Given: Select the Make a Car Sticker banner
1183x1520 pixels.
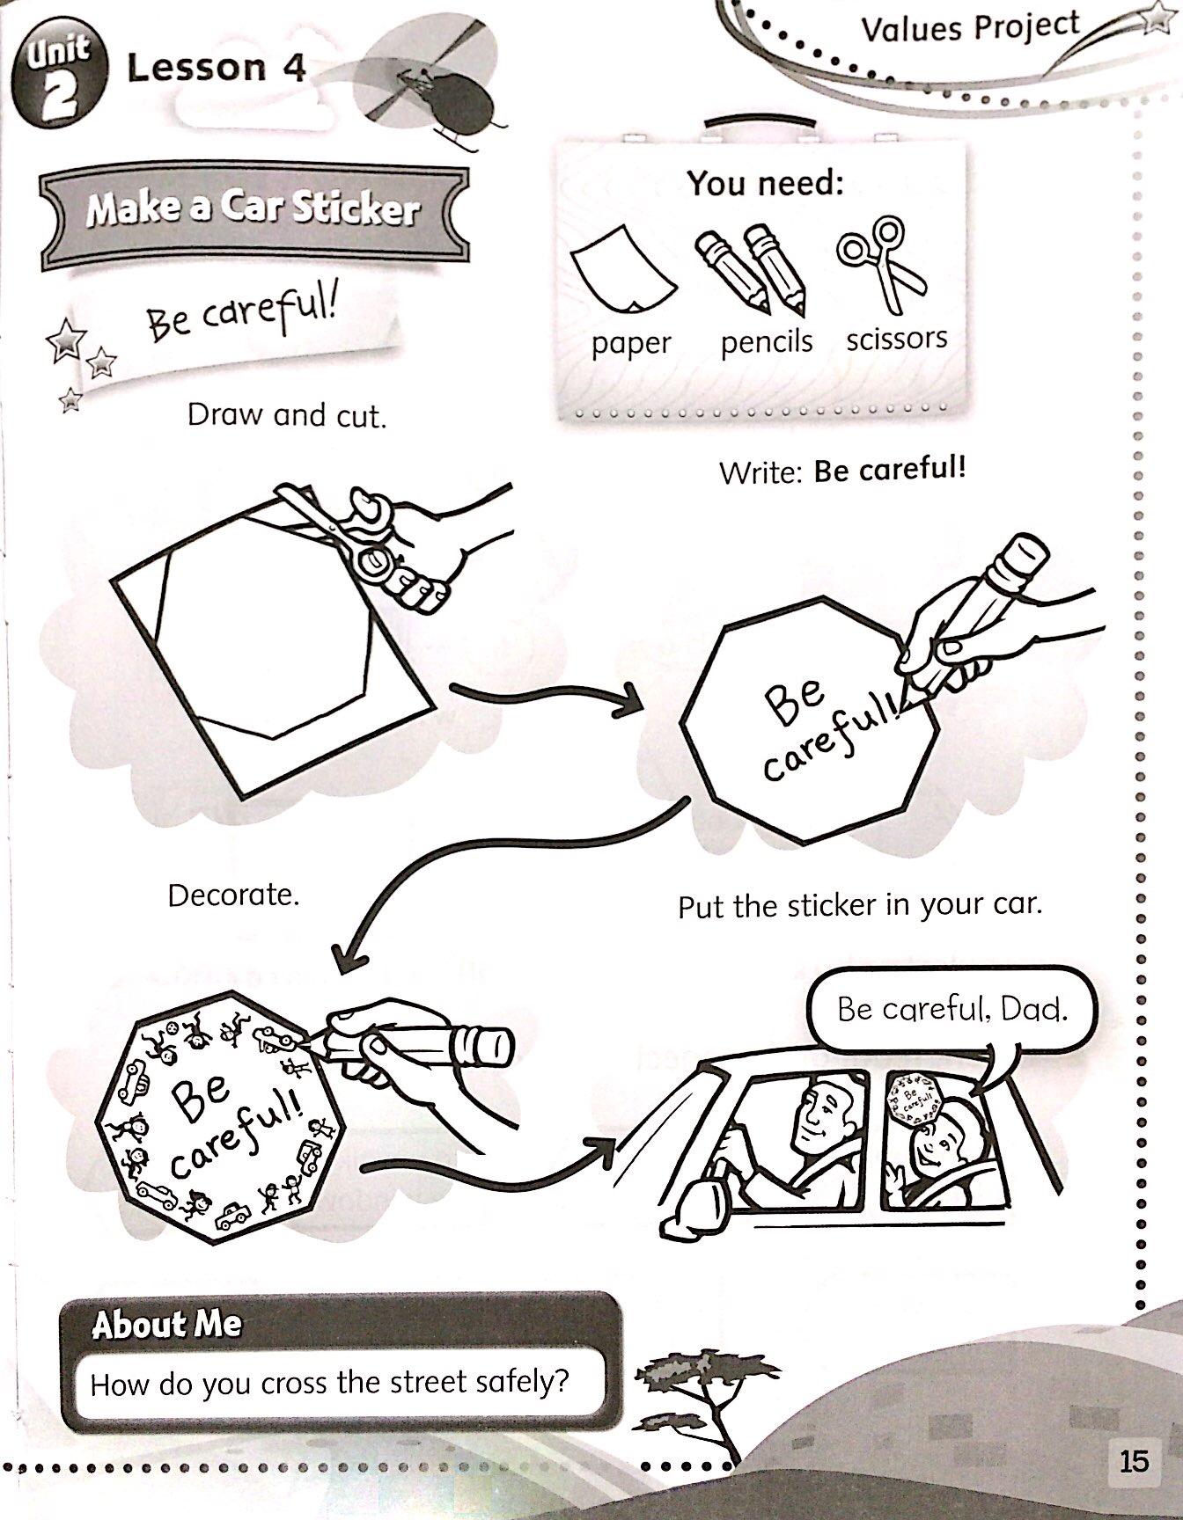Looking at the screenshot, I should point(253,211).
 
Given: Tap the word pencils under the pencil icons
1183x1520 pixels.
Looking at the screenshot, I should point(766,341).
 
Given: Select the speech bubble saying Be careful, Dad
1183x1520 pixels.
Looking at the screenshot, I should point(951,1009).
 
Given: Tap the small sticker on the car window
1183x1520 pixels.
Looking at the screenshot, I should point(915,1099).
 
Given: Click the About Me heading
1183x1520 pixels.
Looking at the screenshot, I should point(166,1325).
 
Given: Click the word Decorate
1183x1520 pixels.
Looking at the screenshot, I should point(233,895).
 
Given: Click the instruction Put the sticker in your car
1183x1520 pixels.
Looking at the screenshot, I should point(859,905).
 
